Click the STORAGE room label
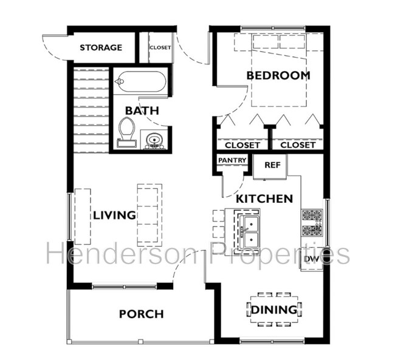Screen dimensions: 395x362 (x=101, y=47)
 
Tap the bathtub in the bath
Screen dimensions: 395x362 (x=140, y=81)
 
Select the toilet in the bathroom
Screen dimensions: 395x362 (x=126, y=132)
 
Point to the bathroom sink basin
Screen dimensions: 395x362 (x=153, y=140)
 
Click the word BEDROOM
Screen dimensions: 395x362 (x=278, y=75)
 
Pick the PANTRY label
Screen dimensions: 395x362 (x=232, y=160)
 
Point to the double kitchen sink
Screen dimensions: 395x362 (x=249, y=231)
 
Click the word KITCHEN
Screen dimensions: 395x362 (x=264, y=199)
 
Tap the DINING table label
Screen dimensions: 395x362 (x=274, y=310)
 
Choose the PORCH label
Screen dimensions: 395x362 (x=142, y=314)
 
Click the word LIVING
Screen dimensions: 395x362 (x=114, y=216)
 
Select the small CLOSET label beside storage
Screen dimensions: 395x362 (x=160, y=47)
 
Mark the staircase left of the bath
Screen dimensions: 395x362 (x=91, y=110)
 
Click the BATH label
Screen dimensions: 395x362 (x=142, y=111)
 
